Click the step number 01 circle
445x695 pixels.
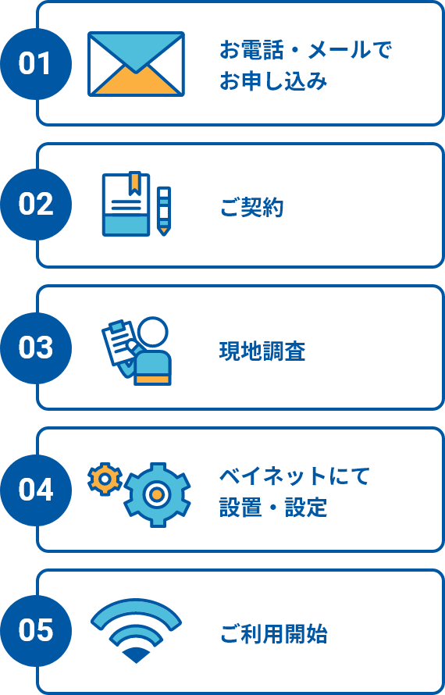pos(36,64)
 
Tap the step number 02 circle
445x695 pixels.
pos(36,205)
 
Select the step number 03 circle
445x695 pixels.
pos(36,348)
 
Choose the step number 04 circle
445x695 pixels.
pos(36,490)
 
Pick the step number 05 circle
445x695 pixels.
pos(36,631)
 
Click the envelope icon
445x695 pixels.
pos(136,64)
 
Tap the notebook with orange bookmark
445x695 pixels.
pos(126,204)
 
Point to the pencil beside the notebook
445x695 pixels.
pos(164,211)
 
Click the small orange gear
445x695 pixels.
pos(105,479)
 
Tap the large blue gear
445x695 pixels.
pos(157,494)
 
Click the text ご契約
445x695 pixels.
pos(251,208)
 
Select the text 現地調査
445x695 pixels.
pos(262,351)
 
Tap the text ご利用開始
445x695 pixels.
pos(273,634)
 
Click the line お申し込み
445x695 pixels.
pos(273,82)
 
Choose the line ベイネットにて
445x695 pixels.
pos(295,476)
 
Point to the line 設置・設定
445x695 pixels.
pos(273,508)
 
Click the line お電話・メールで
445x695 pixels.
pos(306,51)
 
